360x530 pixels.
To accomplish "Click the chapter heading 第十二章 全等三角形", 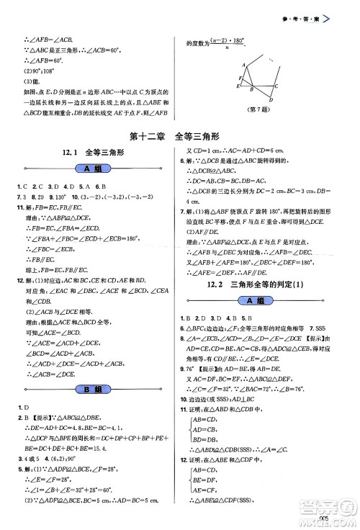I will [x=179, y=136].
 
